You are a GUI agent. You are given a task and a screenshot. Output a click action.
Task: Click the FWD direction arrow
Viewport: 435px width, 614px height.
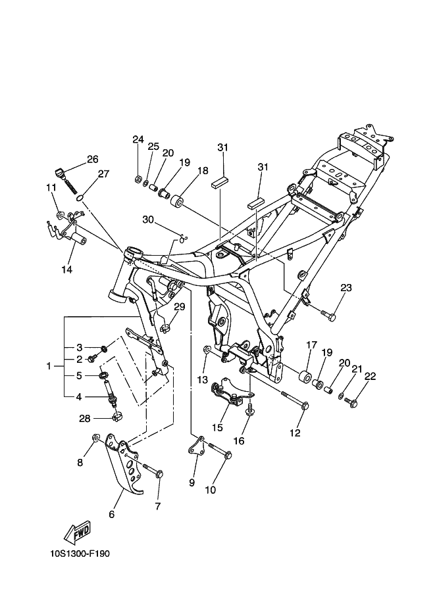click(x=77, y=532)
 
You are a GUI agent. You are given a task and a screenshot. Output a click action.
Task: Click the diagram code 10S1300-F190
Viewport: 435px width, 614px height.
click(x=80, y=554)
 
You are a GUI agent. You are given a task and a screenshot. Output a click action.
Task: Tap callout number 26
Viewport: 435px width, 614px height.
click(x=93, y=159)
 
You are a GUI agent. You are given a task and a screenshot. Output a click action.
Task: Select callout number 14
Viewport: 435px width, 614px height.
click(x=66, y=270)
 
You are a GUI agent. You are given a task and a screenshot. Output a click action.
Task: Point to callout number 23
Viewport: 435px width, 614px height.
click(x=346, y=288)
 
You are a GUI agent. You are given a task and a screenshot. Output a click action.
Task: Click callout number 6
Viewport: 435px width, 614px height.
click(x=112, y=514)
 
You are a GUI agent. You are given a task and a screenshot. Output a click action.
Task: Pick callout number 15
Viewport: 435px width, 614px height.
click(x=217, y=427)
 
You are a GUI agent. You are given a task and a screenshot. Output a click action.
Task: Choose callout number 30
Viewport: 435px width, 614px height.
click(x=148, y=220)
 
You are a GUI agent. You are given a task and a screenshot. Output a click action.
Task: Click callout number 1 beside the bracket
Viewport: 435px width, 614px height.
click(x=49, y=366)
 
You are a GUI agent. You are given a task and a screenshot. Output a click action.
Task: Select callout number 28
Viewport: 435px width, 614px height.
click(x=85, y=419)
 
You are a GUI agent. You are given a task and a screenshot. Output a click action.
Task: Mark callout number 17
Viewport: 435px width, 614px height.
click(x=311, y=345)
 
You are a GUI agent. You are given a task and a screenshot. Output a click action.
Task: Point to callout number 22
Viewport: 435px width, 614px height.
click(x=370, y=376)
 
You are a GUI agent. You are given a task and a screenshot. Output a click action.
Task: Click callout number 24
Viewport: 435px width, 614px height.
click(x=138, y=139)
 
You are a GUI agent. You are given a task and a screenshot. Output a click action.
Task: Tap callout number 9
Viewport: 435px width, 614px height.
click(x=192, y=483)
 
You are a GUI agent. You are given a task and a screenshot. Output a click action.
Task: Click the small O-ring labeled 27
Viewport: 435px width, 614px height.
click(x=80, y=198)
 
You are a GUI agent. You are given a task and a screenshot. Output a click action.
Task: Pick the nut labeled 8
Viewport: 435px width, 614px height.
click(x=95, y=437)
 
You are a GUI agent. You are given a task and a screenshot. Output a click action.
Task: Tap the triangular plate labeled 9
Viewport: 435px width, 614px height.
click(x=197, y=446)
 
